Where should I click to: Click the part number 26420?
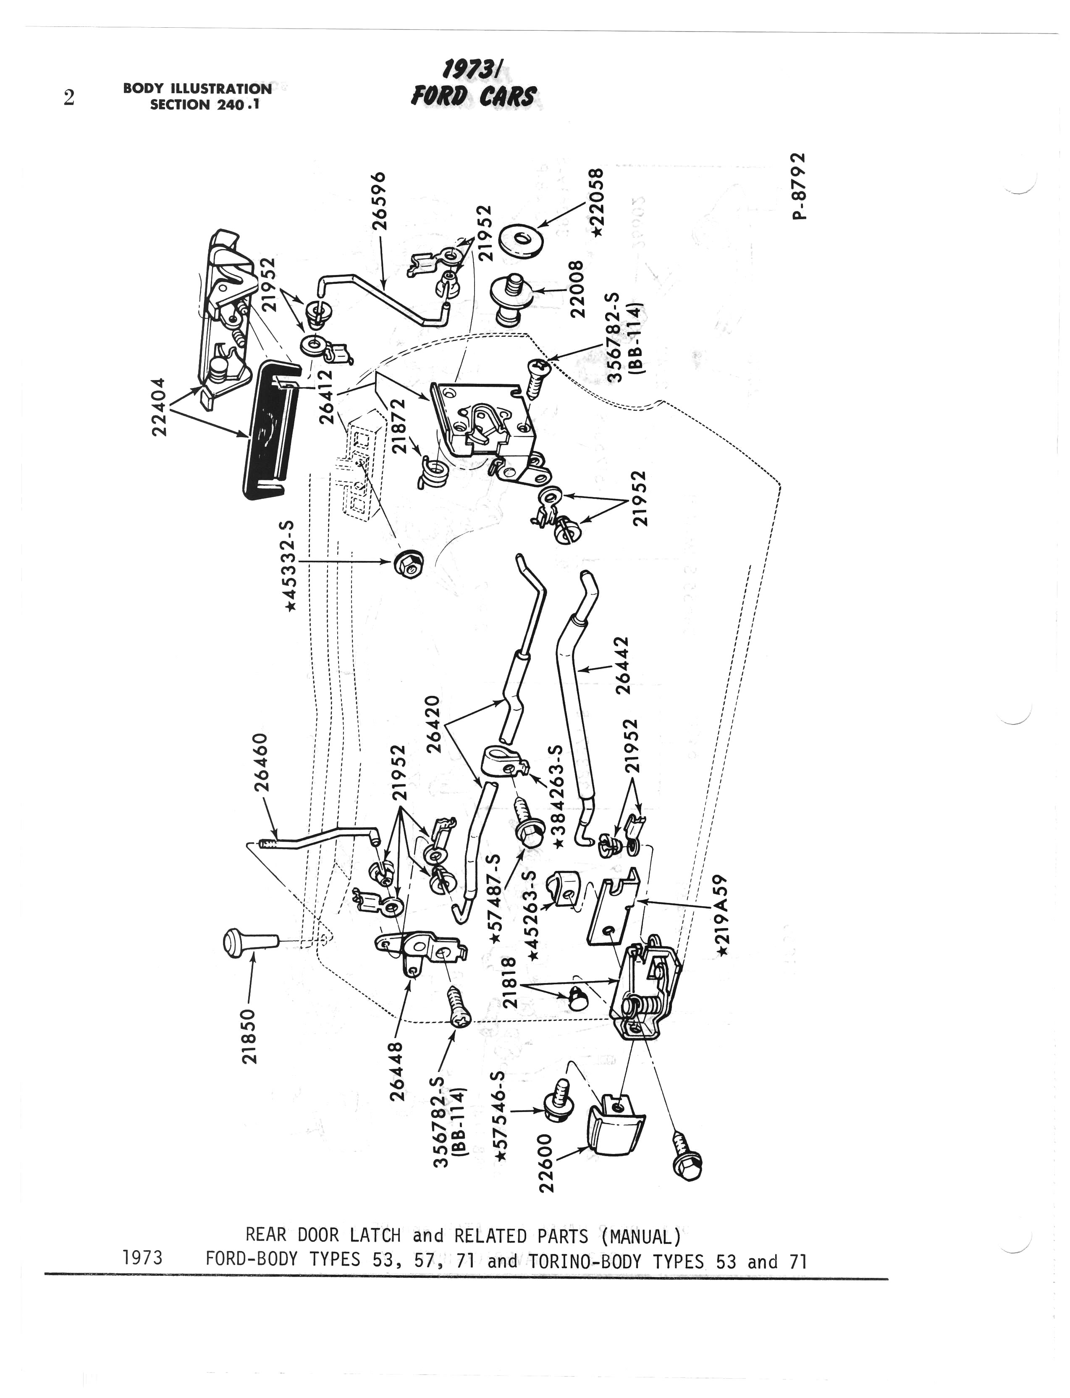coord(433,724)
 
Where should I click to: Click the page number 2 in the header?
coord(69,97)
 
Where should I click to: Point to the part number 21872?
coord(398,425)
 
